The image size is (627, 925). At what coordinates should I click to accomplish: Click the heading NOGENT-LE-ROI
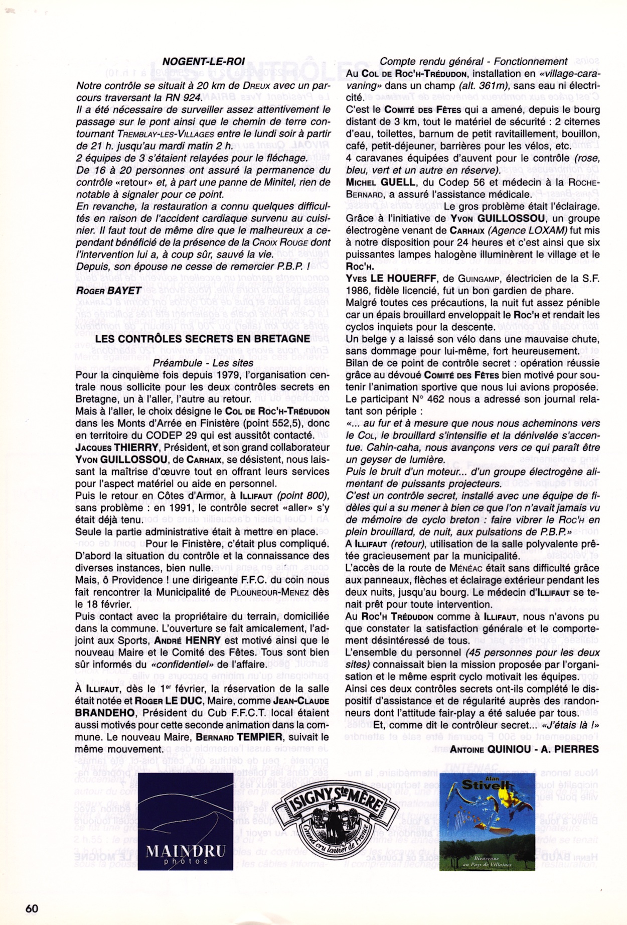204,61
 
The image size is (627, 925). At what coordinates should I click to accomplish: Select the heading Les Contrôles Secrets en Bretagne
203,339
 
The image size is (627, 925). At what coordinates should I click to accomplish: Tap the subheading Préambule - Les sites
203,362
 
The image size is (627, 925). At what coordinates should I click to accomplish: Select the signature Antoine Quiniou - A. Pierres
524,749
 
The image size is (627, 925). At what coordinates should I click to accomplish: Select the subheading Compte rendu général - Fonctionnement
474,61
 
